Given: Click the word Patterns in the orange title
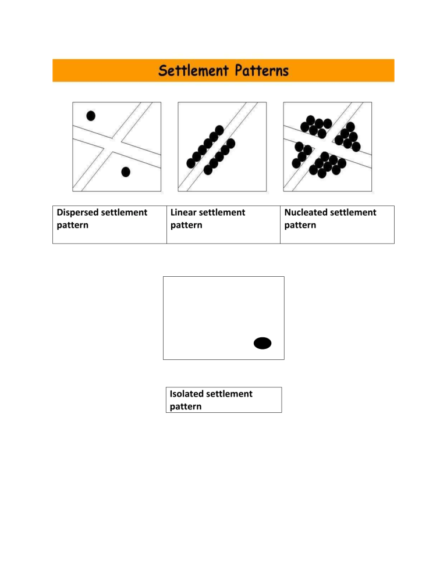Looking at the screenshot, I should click(x=258, y=72).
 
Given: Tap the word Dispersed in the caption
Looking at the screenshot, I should click(x=77, y=213).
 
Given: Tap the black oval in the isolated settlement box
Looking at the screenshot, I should click(x=262, y=343).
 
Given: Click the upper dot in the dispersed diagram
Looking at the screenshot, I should click(x=91, y=115).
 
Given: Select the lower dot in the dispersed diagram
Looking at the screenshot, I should click(x=126, y=172).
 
